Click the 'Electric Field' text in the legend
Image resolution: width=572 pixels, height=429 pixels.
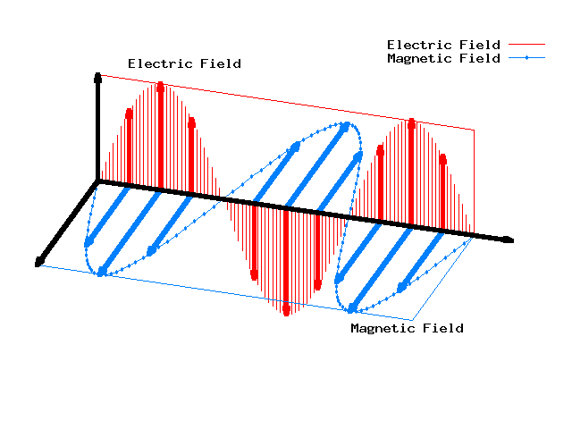[x=442, y=45]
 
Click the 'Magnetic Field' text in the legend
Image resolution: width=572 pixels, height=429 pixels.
[x=442, y=59]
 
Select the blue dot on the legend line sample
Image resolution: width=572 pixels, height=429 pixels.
[x=526, y=59]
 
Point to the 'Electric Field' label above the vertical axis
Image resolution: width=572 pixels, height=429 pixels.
[x=184, y=63]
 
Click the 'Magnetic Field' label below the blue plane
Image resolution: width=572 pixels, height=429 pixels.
[x=407, y=328]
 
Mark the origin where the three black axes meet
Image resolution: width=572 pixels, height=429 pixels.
[x=98, y=181]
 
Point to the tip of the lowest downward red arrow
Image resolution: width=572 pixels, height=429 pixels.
[x=286, y=312]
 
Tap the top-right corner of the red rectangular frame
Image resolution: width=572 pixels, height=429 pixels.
[x=474, y=130]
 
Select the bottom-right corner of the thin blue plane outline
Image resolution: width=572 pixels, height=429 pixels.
[x=412, y=319]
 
